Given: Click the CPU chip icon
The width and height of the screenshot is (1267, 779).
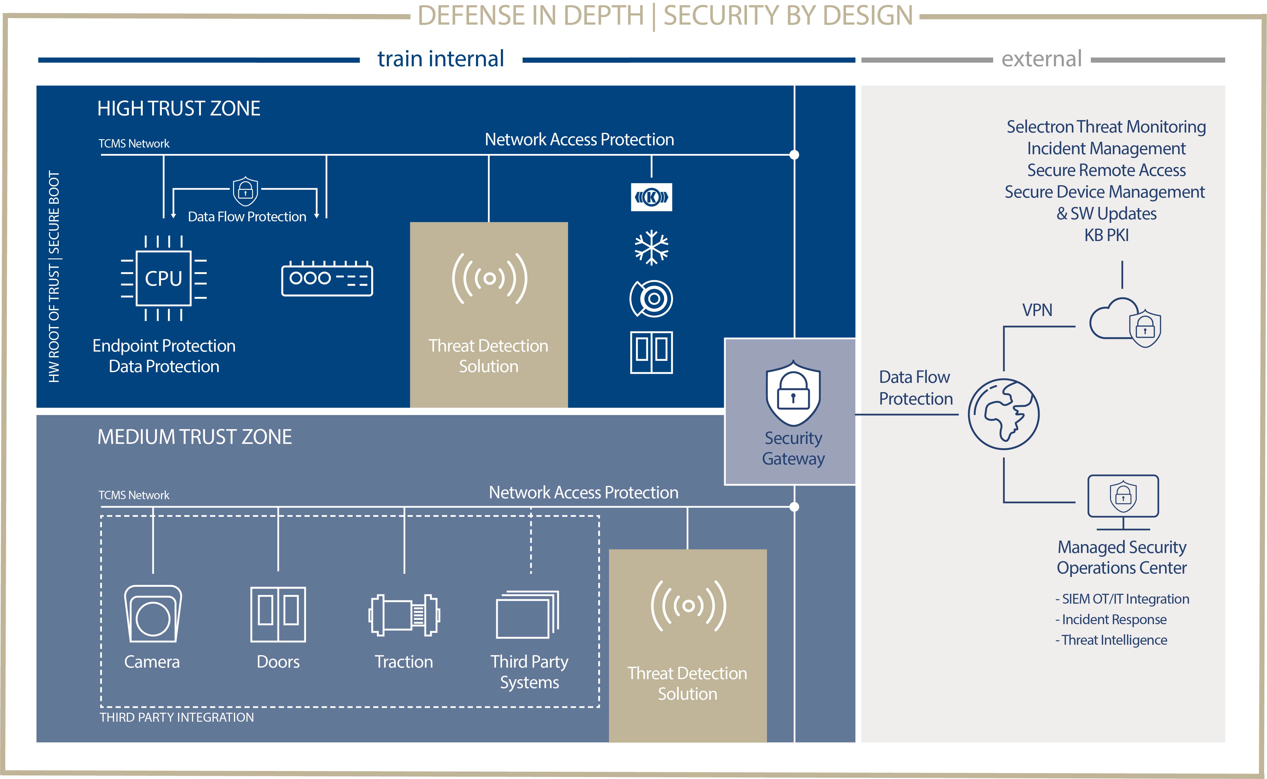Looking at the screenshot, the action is click(x=163, y=278).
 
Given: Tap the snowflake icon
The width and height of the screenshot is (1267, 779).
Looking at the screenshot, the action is click(x=651, y=247).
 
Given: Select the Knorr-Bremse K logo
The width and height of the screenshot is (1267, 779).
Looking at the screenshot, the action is click(x=651, y=197).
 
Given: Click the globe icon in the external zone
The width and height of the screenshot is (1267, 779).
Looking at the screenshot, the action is click(x=1004, y=414).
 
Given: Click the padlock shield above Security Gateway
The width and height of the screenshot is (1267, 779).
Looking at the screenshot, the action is click(x=793, y=393).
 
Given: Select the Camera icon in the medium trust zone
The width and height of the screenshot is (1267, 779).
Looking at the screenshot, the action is click(x=153, y=613).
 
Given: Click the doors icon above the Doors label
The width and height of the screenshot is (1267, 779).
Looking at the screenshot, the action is click(x=278, y=614).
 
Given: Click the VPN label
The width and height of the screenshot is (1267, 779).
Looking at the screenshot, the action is click(x=1037, y=310).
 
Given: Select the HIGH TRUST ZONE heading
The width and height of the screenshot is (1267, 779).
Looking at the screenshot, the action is click(x=179, y=109).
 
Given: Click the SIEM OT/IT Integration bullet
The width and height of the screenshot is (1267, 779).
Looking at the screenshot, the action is click(x=1122, y=599).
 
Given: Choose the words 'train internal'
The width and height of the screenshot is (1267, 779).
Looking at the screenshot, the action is click(x=441, y=59).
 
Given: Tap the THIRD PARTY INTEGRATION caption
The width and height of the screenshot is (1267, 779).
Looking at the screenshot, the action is click(x=177, y=717).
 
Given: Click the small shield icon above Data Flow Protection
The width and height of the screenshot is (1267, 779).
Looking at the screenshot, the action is click(x=245, y=191).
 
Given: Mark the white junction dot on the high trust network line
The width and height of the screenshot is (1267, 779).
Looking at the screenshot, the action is click(x=794, y=155).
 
